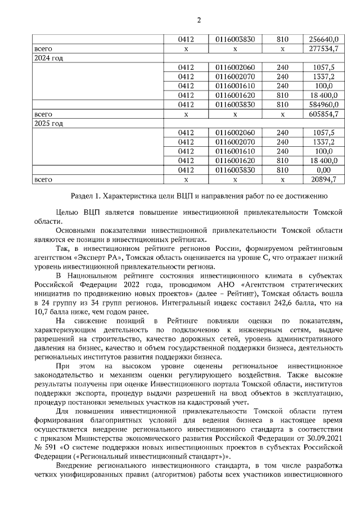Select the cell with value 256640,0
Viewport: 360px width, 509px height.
tap(324, 39)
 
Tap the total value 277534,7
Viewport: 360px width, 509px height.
tap(324, 49)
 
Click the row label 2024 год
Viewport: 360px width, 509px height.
tap(48, 58)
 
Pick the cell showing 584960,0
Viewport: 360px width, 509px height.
tap(324, 104)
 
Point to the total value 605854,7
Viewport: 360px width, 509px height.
tap(324, 114)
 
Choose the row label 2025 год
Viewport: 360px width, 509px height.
tap(48, 123)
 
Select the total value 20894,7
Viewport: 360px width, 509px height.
tap(324, 179)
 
